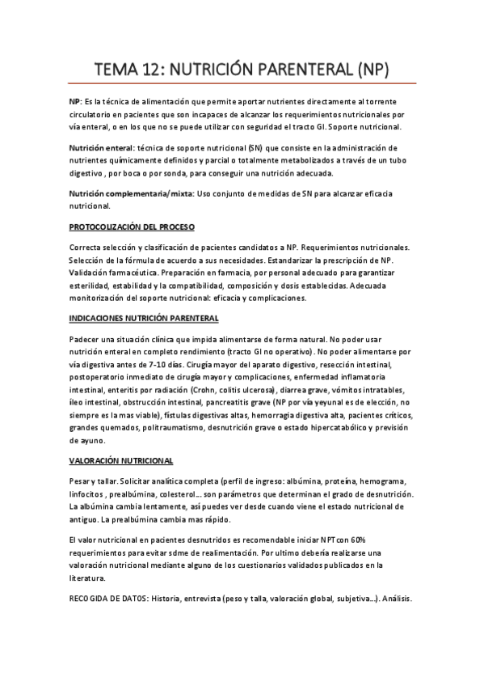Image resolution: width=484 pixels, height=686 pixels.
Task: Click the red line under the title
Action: [x=242, y=84]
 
